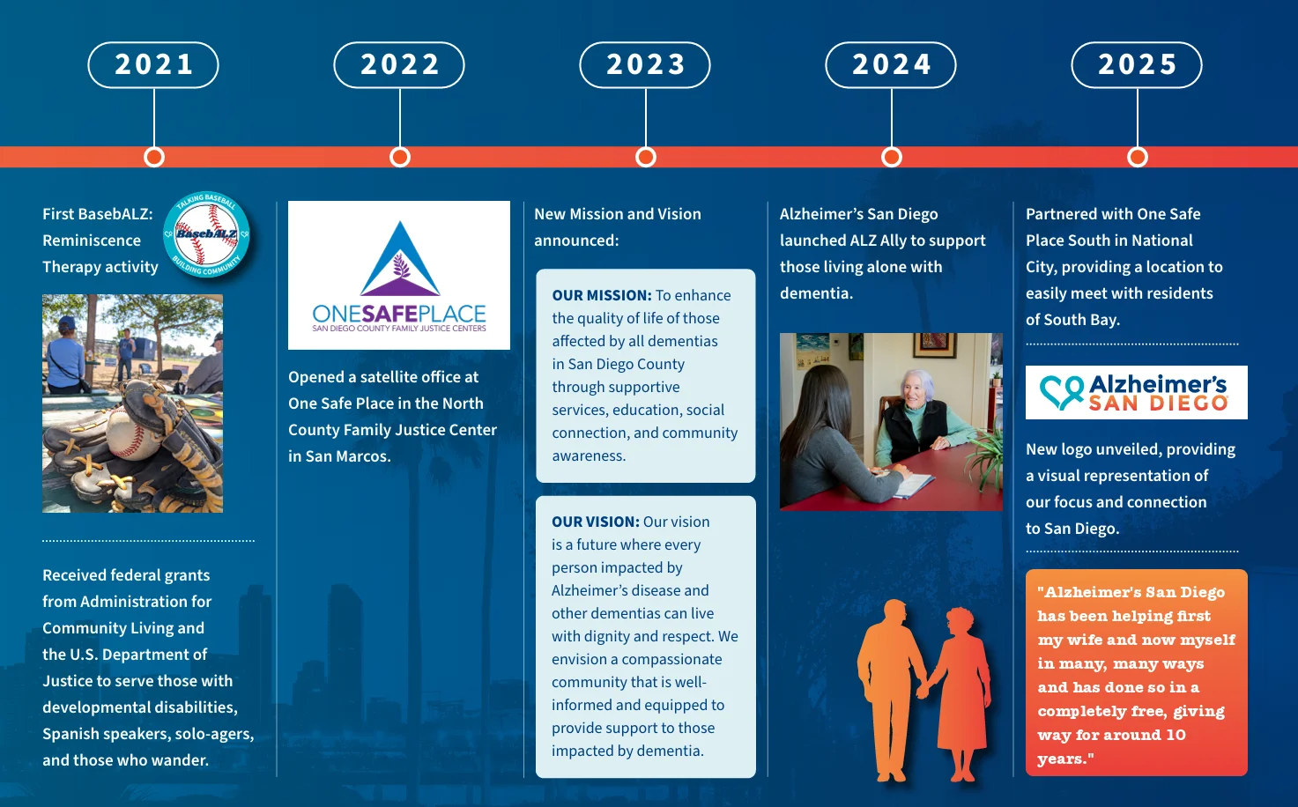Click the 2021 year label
point(153,64)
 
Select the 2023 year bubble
point(645,64)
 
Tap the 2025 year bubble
point(1137,64)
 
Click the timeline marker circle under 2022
point(400,157)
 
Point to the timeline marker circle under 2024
point(892,157)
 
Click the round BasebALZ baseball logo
point(207,234)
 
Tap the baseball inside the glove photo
point(132,431)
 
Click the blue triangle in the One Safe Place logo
point(401,259)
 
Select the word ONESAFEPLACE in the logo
point(399,314)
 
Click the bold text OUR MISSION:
point(602,295)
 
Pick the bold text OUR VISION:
point(596,522)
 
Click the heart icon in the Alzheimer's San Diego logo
point(1062,392)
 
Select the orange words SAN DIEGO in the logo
point(1158,403)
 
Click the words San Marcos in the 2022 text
point(347,456)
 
